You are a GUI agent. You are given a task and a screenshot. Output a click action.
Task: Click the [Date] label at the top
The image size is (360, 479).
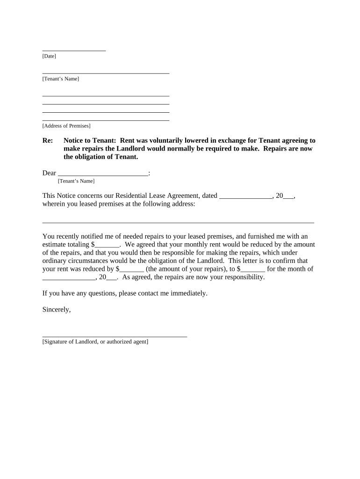tap(49, 56)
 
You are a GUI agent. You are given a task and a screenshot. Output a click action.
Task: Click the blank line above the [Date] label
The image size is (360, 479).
tap(74, 50)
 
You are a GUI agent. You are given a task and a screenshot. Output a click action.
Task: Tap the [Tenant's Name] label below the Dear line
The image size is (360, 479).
tap(76, 181)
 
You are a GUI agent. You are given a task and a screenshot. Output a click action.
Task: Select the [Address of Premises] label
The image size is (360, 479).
tap(66, 126)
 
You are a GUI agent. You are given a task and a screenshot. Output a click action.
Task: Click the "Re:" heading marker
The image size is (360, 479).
tap(47, 140)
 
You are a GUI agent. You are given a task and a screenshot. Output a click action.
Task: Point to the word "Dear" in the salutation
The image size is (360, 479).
tap(49, 173)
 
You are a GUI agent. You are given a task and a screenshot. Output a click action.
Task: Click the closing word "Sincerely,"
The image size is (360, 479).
tap(57, 309)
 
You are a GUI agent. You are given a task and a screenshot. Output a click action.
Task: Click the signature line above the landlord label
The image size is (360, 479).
tap(115, 336)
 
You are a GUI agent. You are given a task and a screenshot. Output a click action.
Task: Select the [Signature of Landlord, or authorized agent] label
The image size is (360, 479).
tap(95, 342)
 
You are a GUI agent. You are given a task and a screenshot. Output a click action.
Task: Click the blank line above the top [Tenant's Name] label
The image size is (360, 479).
tap(106, 73)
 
